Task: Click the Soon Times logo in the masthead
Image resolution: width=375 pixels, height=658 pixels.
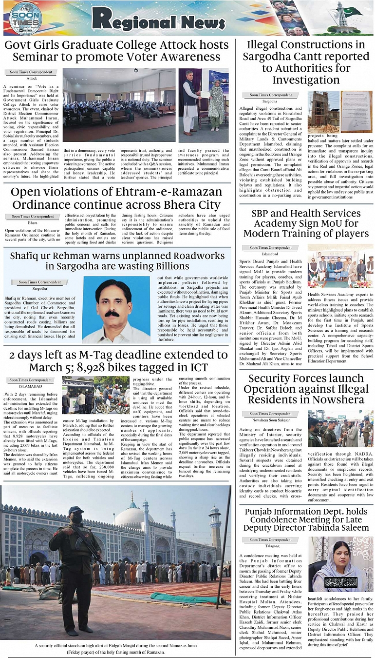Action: [x=25, y=19]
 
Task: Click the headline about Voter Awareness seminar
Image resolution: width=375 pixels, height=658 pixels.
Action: [x=117, y=51]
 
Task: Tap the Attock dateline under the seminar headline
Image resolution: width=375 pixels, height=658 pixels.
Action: [x=32, y=78]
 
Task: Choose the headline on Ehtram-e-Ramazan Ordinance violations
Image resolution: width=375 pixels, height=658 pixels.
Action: [x=117, y=198]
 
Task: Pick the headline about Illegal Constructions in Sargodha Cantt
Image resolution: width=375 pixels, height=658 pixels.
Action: [x=306, y=62]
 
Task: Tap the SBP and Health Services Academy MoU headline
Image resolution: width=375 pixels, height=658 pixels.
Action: [x=306, y=223]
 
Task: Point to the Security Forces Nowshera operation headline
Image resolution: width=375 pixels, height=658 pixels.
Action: [x=306, y=389]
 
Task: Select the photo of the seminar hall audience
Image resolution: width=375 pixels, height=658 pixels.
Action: [x=119, y=105]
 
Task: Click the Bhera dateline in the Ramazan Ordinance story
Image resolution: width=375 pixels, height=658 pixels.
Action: [x=32, y=223]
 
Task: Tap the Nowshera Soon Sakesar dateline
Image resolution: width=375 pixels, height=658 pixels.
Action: [x=270, y=420]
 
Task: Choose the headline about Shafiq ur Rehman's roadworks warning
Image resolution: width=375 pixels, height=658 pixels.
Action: [x=117, y=260]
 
